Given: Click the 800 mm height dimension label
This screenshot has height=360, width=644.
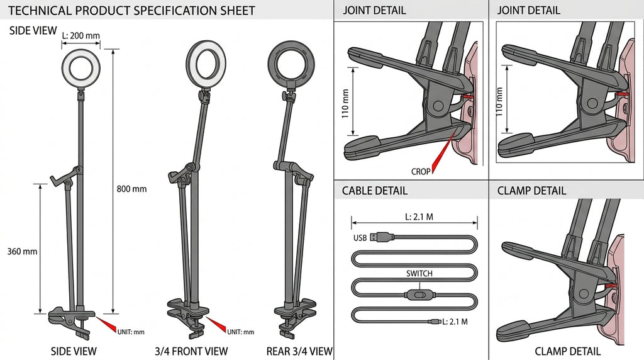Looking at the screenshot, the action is pos(131,189).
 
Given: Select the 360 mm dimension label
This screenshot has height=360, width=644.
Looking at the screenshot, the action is pos(22,251).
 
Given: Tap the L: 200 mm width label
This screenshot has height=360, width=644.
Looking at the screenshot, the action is pos(81,35).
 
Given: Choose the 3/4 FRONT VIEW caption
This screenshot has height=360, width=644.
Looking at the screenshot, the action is pos(191,351).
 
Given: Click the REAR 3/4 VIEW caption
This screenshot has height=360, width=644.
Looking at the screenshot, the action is pos(299,351).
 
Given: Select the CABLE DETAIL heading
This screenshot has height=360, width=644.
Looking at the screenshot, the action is pos(375,191).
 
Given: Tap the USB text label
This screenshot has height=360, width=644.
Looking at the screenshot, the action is pos(360,238).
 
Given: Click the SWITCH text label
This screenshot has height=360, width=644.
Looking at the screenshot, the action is pos(419,274).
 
